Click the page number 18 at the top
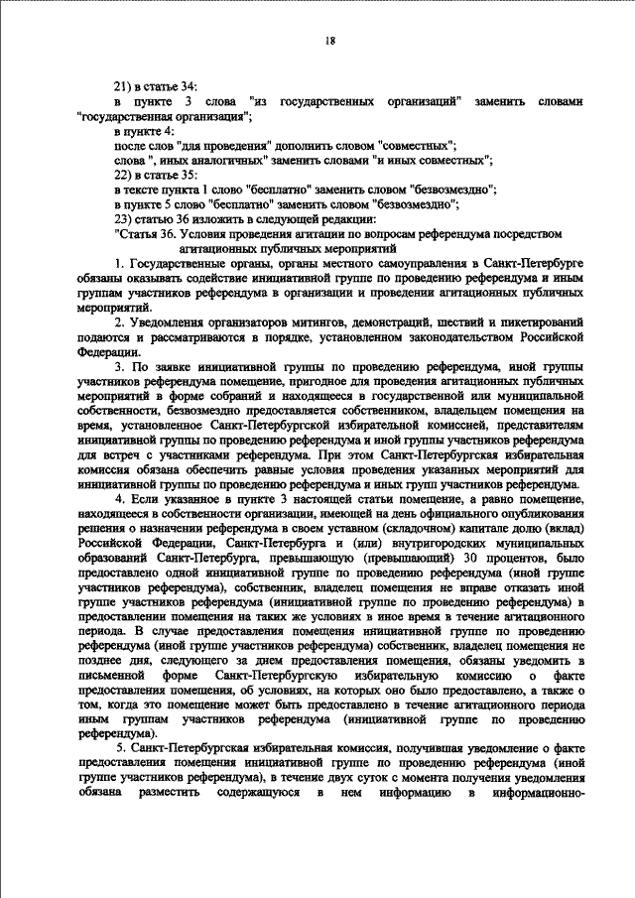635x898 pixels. tap(330, 40)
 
